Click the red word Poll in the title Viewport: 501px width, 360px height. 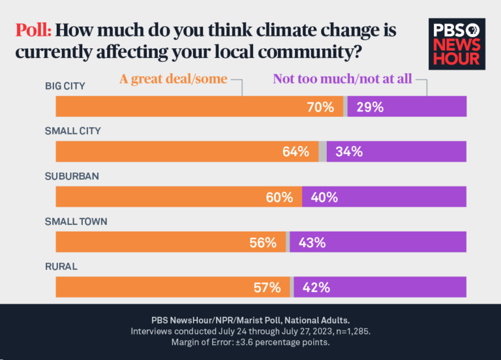[33, 30]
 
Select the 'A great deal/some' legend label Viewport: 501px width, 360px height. [173, 80]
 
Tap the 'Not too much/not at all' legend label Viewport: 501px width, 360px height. [342, 80]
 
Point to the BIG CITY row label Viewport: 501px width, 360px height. [65, 86]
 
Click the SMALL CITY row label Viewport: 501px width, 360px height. [72, 131]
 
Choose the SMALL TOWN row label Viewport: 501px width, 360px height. [76, 222]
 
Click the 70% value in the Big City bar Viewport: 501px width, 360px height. [320, 107]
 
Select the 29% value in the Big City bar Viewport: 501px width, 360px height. [369, 107]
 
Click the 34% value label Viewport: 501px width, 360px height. [349, 152]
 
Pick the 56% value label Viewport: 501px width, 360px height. [263, 243]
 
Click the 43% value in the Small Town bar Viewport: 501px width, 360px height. [312, 243]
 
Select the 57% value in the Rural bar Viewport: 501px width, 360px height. [267, 288]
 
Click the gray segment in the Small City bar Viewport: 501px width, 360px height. [322, 151]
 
